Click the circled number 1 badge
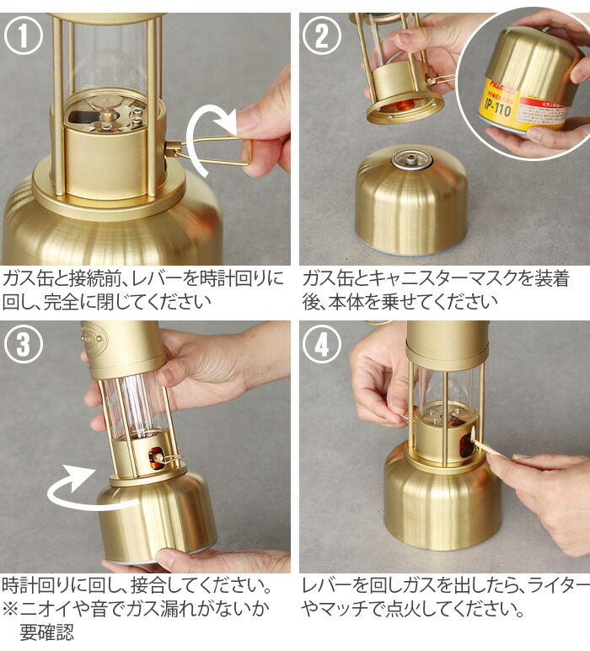(x=24, y=35)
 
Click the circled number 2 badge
(x=322, y=35)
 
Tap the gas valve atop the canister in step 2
(x=412, y=159)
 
